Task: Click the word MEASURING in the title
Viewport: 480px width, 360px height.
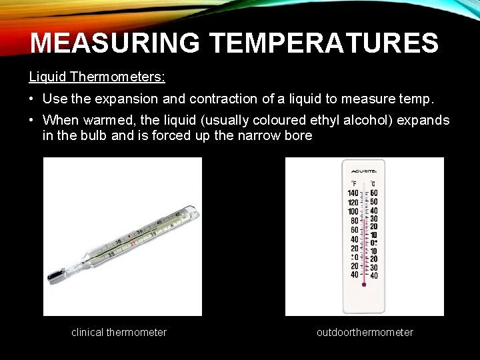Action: (115, 43)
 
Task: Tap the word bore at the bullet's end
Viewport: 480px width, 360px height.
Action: (297, 136)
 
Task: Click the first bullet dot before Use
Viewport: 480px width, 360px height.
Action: (33, 99)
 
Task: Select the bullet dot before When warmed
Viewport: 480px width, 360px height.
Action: (33, 121)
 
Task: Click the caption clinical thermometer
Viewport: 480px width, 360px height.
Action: (119, 332)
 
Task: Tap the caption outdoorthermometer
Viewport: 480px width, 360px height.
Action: (365, 332)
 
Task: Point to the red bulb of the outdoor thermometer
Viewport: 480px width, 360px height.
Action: (364, 284)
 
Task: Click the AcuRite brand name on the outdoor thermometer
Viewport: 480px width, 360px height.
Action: (364, 170)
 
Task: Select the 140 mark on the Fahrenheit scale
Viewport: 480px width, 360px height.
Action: (353, 193)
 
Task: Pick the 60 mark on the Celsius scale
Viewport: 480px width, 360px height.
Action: (374, 193)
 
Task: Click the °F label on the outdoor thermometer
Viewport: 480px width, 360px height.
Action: (354, 183)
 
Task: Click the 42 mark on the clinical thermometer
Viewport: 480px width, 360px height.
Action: (177, 215)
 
